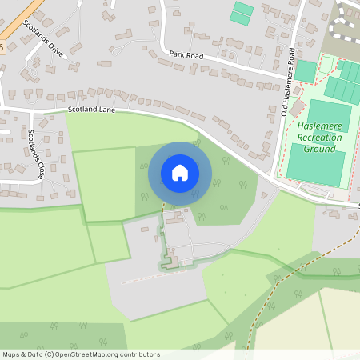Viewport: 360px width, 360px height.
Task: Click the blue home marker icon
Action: pos(180,173)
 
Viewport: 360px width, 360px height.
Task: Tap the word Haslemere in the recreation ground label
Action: pos(318,126)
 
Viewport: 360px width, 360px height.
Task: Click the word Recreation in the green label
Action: pos(318,138)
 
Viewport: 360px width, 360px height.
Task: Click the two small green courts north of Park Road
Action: pos(242,12)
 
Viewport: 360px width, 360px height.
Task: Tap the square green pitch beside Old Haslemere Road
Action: pos(306,70)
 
